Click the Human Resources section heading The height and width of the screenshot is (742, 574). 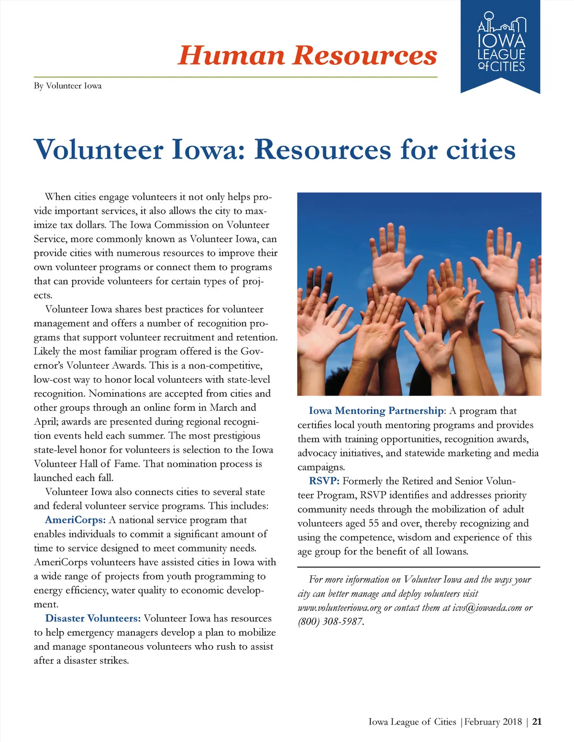tap(307, 55)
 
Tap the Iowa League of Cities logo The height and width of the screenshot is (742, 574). tap(501, 46)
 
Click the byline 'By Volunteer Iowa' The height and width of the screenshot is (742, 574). tap(67, 86)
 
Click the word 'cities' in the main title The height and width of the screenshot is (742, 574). tap(481, 150)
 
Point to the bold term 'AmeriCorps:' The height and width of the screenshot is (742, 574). tap(75, 520)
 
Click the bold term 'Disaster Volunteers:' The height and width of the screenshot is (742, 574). tap(93, 618)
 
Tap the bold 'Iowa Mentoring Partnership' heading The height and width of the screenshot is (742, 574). tap(376, 411)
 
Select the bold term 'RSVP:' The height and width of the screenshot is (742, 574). tap(324, 481)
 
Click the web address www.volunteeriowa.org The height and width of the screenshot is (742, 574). tap(339, 608)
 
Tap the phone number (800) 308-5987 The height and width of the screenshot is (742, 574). tap(331, 622)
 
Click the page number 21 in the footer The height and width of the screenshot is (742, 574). tap(537, 721)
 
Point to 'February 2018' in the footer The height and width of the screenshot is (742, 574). tap(493, 721)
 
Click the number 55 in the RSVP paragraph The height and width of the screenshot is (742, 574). tap(373, 523)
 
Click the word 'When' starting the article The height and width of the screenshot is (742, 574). tap(57, 197)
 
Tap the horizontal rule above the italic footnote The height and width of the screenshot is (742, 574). tap(419, 567)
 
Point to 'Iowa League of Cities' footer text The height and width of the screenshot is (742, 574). tap(412, 721)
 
